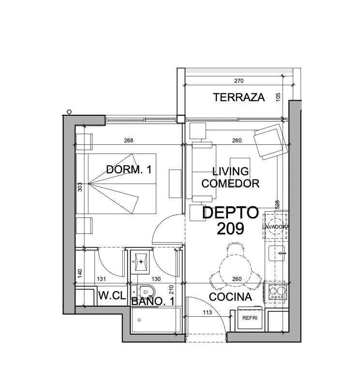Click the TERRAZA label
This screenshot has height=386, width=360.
pyautogui.click(x=239, y=97)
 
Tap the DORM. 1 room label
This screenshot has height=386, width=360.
pyautogui.click(x=129, y=170)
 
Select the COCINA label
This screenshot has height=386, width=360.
pyautogui.click(x=230, y=297)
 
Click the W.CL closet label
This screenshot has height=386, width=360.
pyautogui.click(x=112, y=295)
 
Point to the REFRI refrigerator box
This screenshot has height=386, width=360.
pyautogui.click(x=250, y=318)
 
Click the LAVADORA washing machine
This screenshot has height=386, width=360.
pyautogui.click(x=275, y=227)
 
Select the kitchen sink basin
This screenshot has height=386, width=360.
pyautogui.click(x=276, y=253)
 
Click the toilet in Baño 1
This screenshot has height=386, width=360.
pyautogui.click(x=146, y=292)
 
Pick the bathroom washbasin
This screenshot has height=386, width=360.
pyautogui.click(x=141, y=262)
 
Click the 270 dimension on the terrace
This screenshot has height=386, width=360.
pyautogui.click(x=239, y=81)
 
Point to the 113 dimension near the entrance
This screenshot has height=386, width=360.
pyautogui.click(x=207, y=312)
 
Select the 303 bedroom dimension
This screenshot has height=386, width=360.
pyautogui.click(x=80, y=187)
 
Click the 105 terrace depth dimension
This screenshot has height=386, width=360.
pyautogui.click(x=278, y=97)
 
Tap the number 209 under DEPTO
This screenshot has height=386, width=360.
pyautogui.click(x=230, y=229)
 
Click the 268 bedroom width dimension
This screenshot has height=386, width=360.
pyautogui.click(x=128, y=140)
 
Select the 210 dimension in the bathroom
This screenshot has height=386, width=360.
pyautogui.click(x=171, y=290)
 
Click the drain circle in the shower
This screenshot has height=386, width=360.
pyautogui.click(x=139, y=320)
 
